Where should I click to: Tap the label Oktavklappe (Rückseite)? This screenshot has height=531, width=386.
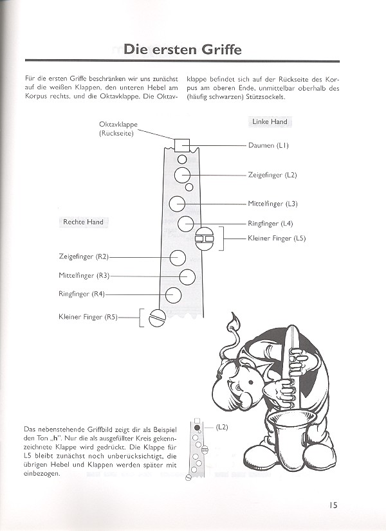click(x=118, y=129)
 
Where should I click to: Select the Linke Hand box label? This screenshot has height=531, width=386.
click(x=270, y=122)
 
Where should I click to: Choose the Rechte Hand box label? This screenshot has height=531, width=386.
click(x=83, y=222)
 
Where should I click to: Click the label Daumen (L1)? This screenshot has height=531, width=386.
click(x=268, y=146)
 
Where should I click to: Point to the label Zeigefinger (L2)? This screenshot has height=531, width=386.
click(x=273, y=175)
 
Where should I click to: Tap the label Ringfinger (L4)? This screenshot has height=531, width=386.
click(x=270, y=224)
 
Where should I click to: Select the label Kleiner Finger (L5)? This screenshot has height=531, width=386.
click(x=277, y=239)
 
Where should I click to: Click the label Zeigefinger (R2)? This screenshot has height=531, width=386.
click(x=84, y=257)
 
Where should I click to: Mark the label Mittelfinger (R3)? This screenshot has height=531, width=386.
click(x=84, y=276)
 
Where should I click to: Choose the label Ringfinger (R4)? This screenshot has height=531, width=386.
click(x=81, y=294)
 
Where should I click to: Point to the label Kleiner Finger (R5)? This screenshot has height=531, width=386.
click(x=87, y=316)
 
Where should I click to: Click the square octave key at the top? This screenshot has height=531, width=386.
click(x=181, y=145)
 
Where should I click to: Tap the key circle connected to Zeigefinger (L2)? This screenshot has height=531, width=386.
click(x=181, y=175)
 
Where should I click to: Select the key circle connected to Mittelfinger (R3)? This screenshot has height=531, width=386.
click(x=187, y=276)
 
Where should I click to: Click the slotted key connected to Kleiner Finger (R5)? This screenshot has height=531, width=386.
click(x=157, y=317)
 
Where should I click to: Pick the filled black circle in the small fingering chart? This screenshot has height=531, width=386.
click(x=197, y=427)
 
